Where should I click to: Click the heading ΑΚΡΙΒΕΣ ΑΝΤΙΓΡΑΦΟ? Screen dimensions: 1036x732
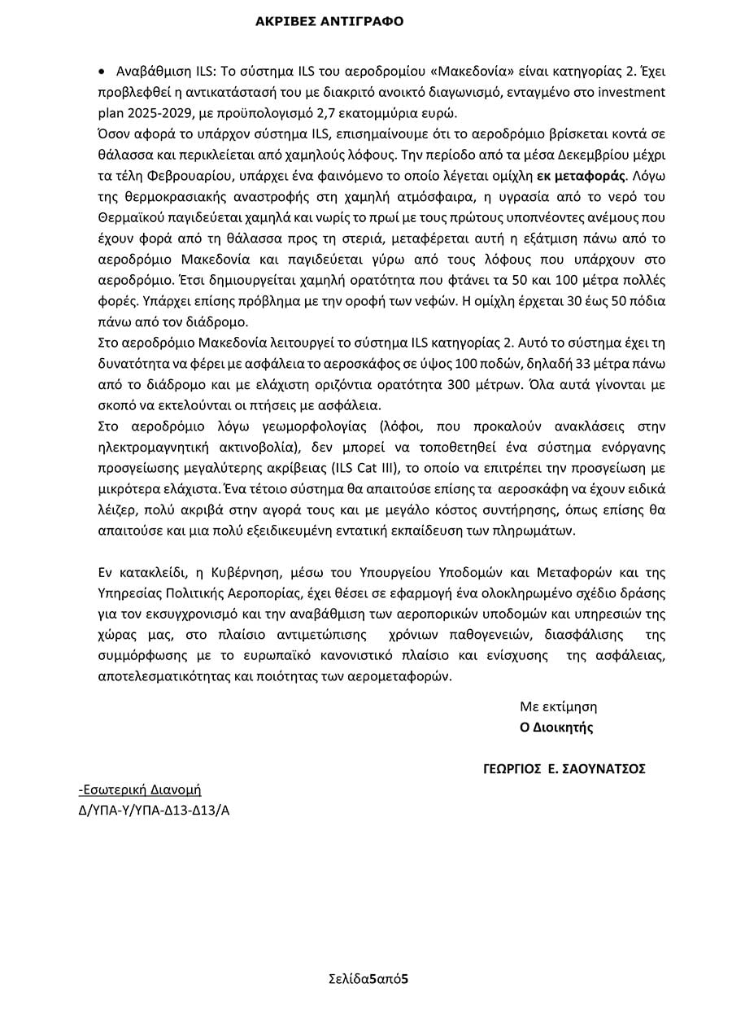pyautogui.click(x=329, y=21)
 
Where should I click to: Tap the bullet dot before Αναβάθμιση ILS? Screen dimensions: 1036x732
pyautogui.click(x=101, y=71)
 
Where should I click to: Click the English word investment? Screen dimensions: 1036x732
pyautogui.click(x=634, y=92)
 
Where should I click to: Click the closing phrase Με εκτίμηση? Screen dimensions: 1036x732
pyautogui.click(x=559, y=706)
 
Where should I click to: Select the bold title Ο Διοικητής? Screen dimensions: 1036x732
pyautogui.click(x=556, y=728)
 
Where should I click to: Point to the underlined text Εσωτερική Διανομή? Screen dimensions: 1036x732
pyautogui.click(x=140, y=789)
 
